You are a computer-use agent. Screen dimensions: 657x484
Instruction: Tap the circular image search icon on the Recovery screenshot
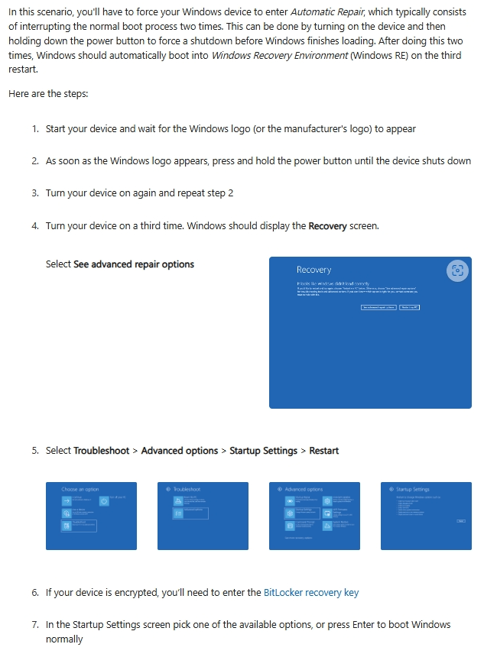[x=456, y=270]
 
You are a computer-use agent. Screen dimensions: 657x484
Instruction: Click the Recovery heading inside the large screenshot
[x=313, y=270]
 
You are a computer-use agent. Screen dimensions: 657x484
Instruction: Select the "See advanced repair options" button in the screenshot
[x=378, y=307]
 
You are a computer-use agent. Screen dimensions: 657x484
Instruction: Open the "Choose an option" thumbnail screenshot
[x=91, y=516]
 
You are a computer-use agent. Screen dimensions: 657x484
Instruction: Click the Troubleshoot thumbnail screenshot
[x=203, y=516]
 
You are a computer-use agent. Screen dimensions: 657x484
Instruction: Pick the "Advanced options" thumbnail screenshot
[x=314, y=516]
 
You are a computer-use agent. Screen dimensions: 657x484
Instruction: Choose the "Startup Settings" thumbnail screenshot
[x=426, y=516]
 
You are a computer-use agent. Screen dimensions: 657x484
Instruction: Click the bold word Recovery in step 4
[x=327, y=226]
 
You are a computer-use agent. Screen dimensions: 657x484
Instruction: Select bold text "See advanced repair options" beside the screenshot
[x=134, y=264]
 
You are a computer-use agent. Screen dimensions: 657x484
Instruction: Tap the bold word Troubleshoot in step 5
[x=102, y=451]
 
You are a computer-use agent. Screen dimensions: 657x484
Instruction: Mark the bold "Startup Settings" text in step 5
[x=263, y=451]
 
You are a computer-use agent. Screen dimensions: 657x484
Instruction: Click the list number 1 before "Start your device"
[x=35, y=129]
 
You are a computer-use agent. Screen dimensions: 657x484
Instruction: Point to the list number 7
[x=35, y=625]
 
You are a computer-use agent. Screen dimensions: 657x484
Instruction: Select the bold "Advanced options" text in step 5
[x=180, y=451]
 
